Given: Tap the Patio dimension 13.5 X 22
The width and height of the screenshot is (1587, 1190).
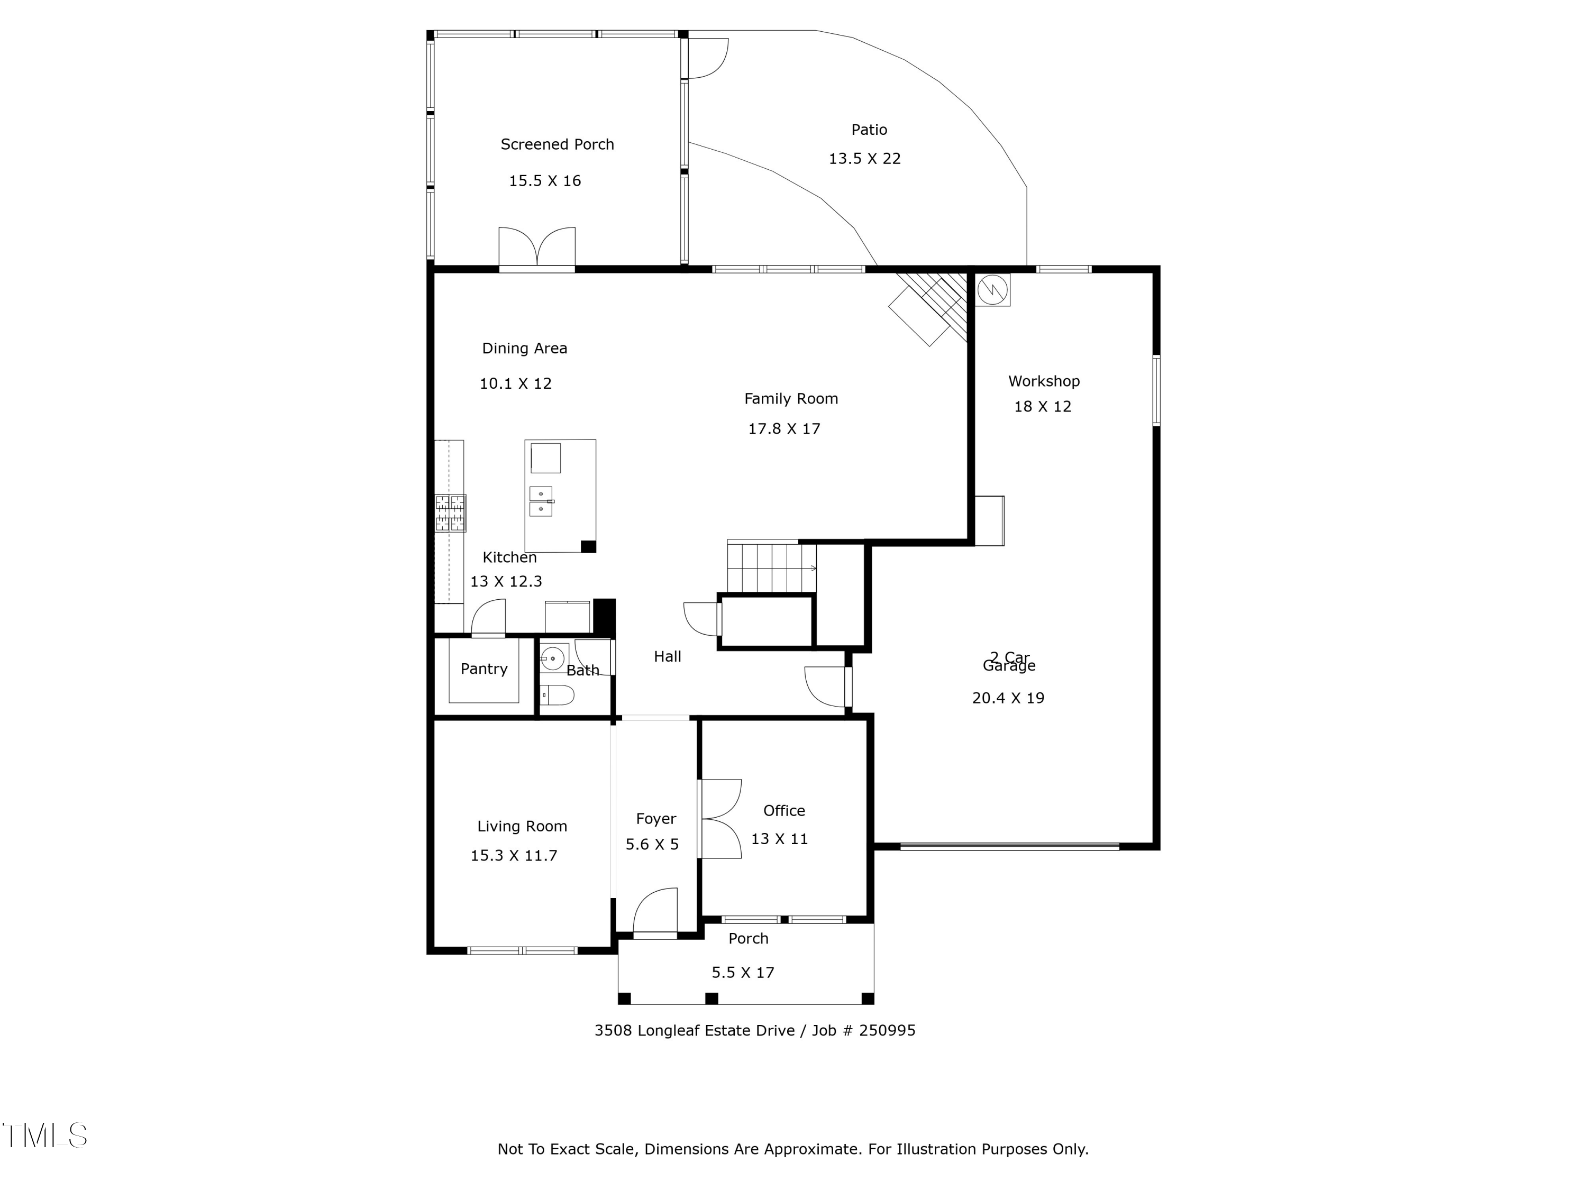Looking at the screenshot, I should tap(864, 159).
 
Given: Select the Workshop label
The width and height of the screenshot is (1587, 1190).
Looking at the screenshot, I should tap(1043, 381).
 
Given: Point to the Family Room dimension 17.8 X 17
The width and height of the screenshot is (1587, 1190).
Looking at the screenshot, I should tap(783, 429).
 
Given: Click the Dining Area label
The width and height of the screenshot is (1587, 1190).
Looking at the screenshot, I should tap(524, 348).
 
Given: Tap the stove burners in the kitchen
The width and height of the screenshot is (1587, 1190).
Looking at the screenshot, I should tap(450, 513).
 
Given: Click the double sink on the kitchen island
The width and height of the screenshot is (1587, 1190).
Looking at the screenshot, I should tap(541, 501).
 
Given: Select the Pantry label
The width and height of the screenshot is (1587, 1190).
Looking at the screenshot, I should tap(484, 669).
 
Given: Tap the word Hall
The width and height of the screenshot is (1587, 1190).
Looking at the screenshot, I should tap(667, 656).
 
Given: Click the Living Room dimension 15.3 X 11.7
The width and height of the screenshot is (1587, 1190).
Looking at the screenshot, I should tap(513, 856).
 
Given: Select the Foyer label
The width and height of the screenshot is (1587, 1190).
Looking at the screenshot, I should tap(656, 818).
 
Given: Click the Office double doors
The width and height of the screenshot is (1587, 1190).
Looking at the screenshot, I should tap(719, 818).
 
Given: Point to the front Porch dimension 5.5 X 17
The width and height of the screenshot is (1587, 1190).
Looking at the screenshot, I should tap(743, 973).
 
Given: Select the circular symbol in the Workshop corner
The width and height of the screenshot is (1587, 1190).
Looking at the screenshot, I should tap(992, 290).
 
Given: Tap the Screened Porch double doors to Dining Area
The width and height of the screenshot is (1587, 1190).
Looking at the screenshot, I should tap(536, 248).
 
